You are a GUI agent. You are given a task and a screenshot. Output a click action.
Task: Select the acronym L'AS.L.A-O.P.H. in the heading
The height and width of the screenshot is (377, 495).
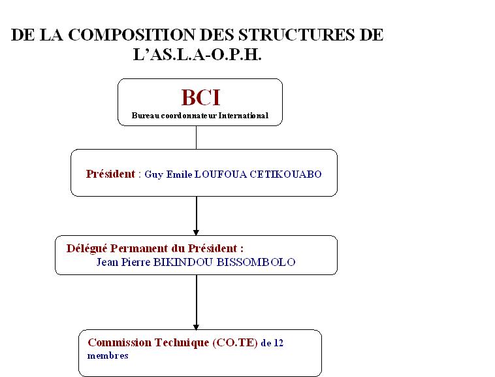(197, 55)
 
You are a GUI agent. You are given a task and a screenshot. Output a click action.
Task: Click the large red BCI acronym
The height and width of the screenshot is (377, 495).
(200, 97)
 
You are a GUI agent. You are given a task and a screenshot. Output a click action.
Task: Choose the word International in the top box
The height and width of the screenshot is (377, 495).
(244, 116)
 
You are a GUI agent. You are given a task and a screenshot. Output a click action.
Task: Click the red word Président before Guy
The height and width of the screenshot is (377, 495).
(110, 174)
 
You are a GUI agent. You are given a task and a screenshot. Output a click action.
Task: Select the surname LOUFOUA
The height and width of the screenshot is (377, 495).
(220, 174)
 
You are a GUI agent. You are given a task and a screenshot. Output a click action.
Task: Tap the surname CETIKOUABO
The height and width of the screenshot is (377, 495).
(285, 174)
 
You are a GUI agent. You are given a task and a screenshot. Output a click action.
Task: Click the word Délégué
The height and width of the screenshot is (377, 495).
(87, 249)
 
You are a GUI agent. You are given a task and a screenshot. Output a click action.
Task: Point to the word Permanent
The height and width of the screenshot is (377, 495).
(139, 248)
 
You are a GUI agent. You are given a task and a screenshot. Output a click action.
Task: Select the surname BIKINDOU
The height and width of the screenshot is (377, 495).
(183, 262)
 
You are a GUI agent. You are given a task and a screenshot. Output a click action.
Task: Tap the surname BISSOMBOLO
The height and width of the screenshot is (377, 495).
(256, 262)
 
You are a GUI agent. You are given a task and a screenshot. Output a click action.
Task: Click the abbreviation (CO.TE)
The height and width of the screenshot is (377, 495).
(235, 343)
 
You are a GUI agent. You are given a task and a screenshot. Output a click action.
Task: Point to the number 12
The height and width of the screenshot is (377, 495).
(278, 343)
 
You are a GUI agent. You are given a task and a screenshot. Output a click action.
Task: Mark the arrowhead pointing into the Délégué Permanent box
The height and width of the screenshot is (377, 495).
(196, 233)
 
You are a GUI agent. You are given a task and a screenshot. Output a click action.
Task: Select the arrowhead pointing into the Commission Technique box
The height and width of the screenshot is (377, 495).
(196, 327)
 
